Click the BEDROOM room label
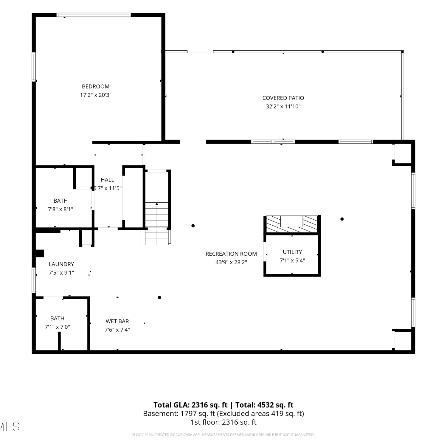click(96, 86)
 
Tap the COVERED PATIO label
click(283, 98)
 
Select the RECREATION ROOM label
click(231, 254)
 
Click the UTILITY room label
click(292, 252)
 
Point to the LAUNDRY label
click(61, 264)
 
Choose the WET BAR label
click(117, 321)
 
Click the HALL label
click(107, 180)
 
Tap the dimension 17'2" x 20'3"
click(96, 95)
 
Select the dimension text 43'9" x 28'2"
click(231, 262)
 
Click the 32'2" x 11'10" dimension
click(283, 106)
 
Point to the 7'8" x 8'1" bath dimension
click(60, 209)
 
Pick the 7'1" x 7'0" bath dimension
click(57, 327)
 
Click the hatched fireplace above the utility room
click(292, 224)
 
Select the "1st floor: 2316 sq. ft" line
click(223, 422)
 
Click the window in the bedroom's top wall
click(94, 15)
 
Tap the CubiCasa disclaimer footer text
click(223, 435)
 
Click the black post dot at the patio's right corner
click(402, 52)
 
